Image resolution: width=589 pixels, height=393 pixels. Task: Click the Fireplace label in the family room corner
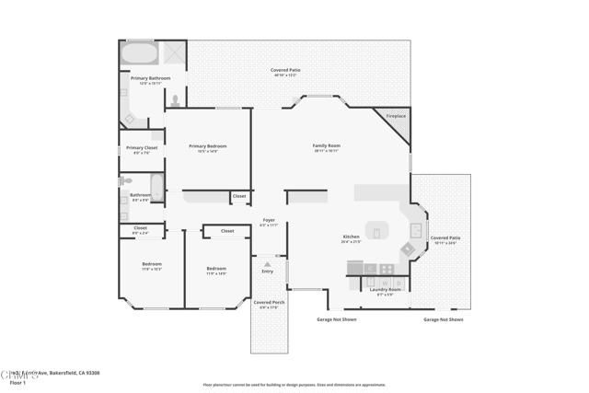pyautogui.click(x=396, y=116)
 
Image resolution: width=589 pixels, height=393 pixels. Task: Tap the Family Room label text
pyautogui.click(x=327, y=145)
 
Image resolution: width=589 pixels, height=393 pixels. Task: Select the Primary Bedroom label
pyautogui.click(x=207, y=145)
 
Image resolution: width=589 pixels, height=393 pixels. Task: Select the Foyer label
pyautogui.click(x=269, y=220)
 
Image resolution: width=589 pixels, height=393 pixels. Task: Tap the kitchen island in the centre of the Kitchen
pyautogui.click(x=377, y=230)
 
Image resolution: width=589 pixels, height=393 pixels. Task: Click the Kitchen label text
pyautogui.click(x=351, y=237)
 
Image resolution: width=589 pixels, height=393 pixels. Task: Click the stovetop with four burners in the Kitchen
pyautogui.click(x=387, y=269)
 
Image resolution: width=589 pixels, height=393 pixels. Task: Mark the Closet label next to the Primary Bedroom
pyautogui.click(x=239, y=195)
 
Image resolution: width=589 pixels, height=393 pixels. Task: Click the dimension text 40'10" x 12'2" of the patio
pyautogui.click(x=285, y=75)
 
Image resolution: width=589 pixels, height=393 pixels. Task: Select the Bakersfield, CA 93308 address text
pyautogui.click(x=74, y=373)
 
